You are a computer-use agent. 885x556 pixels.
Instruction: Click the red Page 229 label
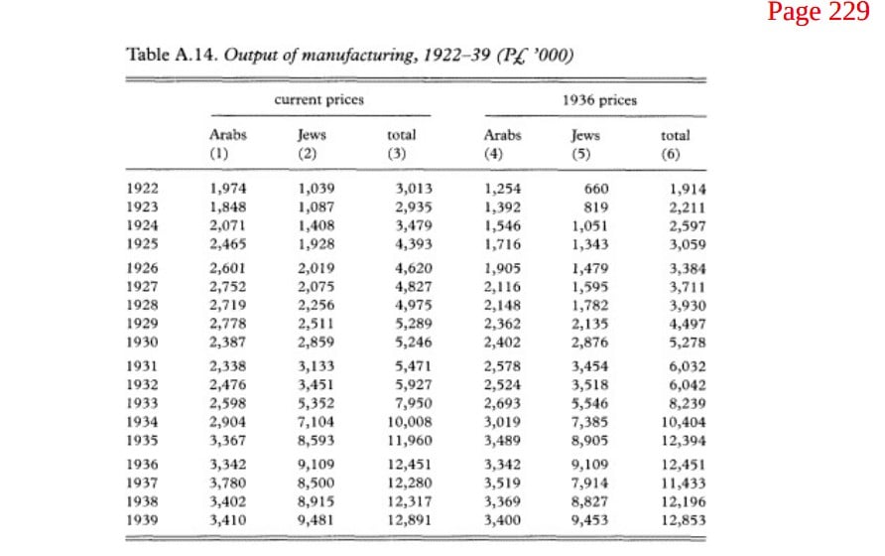pos(818,11)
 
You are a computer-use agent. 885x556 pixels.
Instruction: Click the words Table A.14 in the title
pos(172,55)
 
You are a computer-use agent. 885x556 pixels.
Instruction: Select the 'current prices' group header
pos(318,100)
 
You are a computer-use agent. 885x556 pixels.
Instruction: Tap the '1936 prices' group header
pos(599,100)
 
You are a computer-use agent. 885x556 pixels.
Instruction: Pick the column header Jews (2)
pos(312,144)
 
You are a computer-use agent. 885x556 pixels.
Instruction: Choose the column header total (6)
pos(675,145)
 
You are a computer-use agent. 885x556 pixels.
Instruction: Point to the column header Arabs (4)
pos(502,145)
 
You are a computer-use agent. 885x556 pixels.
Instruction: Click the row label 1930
pos(142,342)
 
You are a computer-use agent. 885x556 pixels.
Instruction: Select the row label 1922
pos(142,189)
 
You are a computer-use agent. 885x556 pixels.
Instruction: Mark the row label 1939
pos(142,520)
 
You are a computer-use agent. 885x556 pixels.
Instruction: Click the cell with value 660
pos(596,189)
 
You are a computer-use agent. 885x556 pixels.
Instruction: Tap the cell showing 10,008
pos(409,422)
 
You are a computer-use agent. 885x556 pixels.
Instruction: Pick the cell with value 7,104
pos(316,422)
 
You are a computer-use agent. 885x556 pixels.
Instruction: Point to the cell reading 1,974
pos(228,189)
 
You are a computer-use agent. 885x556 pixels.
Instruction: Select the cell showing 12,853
pos(684,520)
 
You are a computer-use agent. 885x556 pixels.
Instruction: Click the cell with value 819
pos(596,208)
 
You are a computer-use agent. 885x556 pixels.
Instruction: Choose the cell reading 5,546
pos(589,403)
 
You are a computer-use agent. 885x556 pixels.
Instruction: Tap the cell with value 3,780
pos(228,484)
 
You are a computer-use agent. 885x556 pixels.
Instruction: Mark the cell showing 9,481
pos(316,520)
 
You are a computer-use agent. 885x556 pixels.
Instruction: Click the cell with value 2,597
pos(688,226)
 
